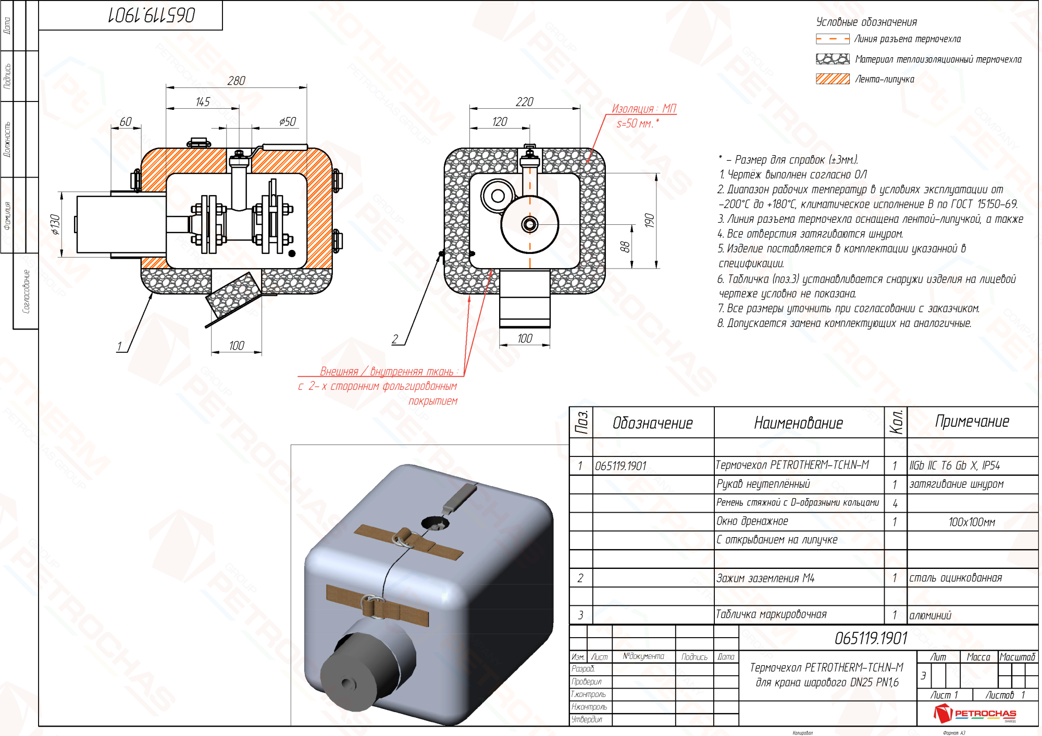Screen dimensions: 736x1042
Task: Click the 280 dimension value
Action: tap(236, 81)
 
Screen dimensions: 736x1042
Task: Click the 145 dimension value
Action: tap(203, 102)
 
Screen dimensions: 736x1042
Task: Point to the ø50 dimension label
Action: tap(287, 122)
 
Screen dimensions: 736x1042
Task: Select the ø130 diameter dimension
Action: tap(55, 224)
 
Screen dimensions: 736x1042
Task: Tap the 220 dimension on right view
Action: tap(524, 102)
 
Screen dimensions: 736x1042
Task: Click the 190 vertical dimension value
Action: tap(649, 221)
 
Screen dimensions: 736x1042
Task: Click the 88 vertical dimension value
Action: tap(625, 247)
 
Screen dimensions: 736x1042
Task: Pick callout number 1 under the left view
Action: tap(119, 346)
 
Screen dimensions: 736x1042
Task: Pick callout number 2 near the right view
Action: tap(395, 339)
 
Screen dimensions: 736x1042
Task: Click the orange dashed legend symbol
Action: tap(832, 39)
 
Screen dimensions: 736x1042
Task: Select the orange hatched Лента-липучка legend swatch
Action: tap(832, 79)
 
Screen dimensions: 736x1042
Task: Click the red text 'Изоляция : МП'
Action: tap(643, 109)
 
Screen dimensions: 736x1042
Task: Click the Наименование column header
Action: tap(798, 423)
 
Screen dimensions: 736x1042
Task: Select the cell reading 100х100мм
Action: tap(972, 522)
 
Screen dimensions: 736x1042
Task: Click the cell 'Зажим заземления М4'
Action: tap(765, 578)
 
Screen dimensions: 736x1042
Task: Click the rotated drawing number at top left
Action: tap(152, 15)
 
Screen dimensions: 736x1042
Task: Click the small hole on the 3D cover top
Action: tap(433, 523)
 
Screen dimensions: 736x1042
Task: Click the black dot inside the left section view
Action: tap(292, 253)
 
